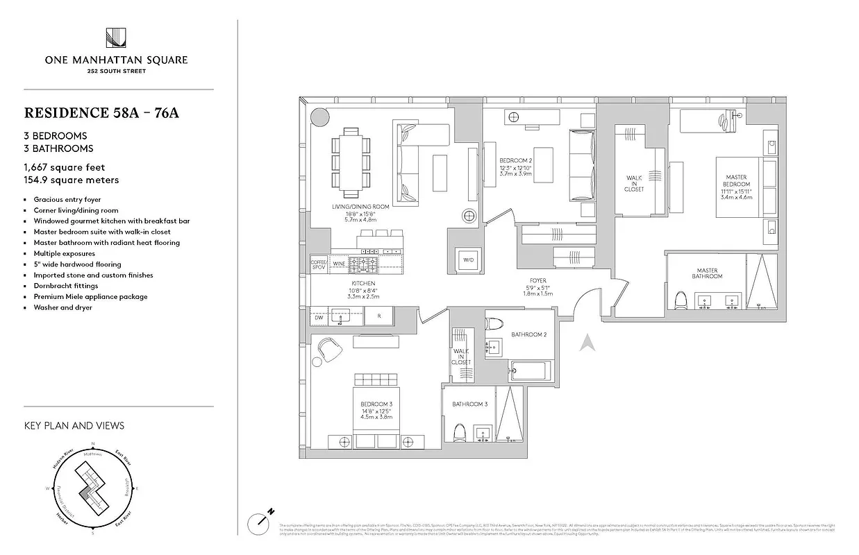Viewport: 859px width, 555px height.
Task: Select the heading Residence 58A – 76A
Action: [101, 113]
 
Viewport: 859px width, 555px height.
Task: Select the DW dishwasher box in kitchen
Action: [319, 317]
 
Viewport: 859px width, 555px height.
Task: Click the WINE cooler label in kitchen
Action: [340, 263]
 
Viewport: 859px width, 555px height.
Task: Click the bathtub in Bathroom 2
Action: [531, 371]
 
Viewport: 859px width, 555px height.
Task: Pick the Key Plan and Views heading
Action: [74, 425]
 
